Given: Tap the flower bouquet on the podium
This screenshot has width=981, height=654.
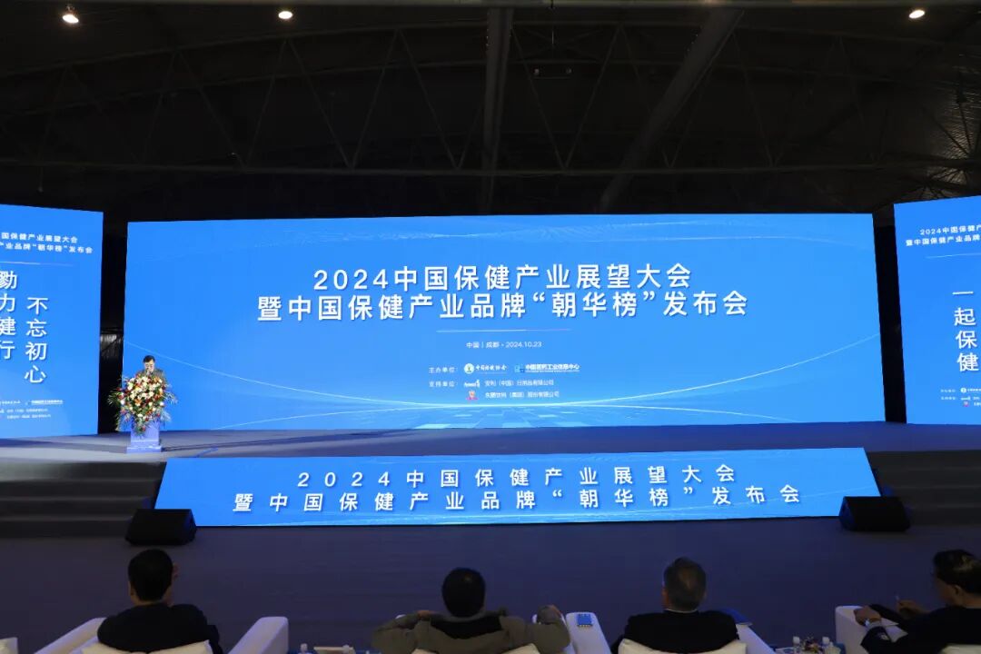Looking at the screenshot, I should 141,401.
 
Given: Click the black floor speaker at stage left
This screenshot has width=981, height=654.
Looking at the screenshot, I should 161,527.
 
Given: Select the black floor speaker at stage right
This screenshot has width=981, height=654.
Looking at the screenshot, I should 874,513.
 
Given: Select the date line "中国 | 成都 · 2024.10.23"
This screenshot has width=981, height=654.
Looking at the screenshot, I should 503,345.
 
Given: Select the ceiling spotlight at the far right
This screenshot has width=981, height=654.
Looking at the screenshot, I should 917,14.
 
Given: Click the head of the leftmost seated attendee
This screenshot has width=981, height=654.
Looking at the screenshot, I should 151,575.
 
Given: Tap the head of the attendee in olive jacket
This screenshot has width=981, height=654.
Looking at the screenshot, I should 463,592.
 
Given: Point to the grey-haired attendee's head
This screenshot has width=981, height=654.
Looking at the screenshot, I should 684,584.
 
